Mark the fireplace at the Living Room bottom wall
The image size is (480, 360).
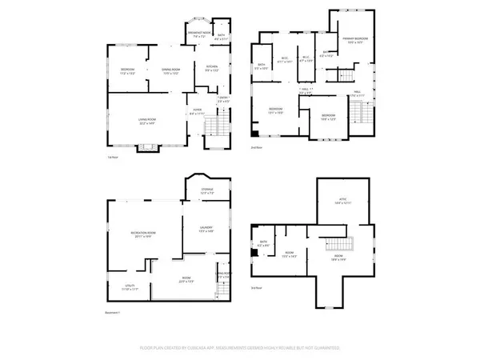click(146, 147)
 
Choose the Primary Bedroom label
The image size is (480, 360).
click(354, 40)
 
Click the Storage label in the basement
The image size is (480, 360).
click(206, 190)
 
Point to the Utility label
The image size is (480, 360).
click(118, 288)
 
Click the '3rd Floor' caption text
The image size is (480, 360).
click(256, 288)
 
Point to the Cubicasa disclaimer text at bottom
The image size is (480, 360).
click(239, 349)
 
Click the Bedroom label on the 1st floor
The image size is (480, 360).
click(126, 70)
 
